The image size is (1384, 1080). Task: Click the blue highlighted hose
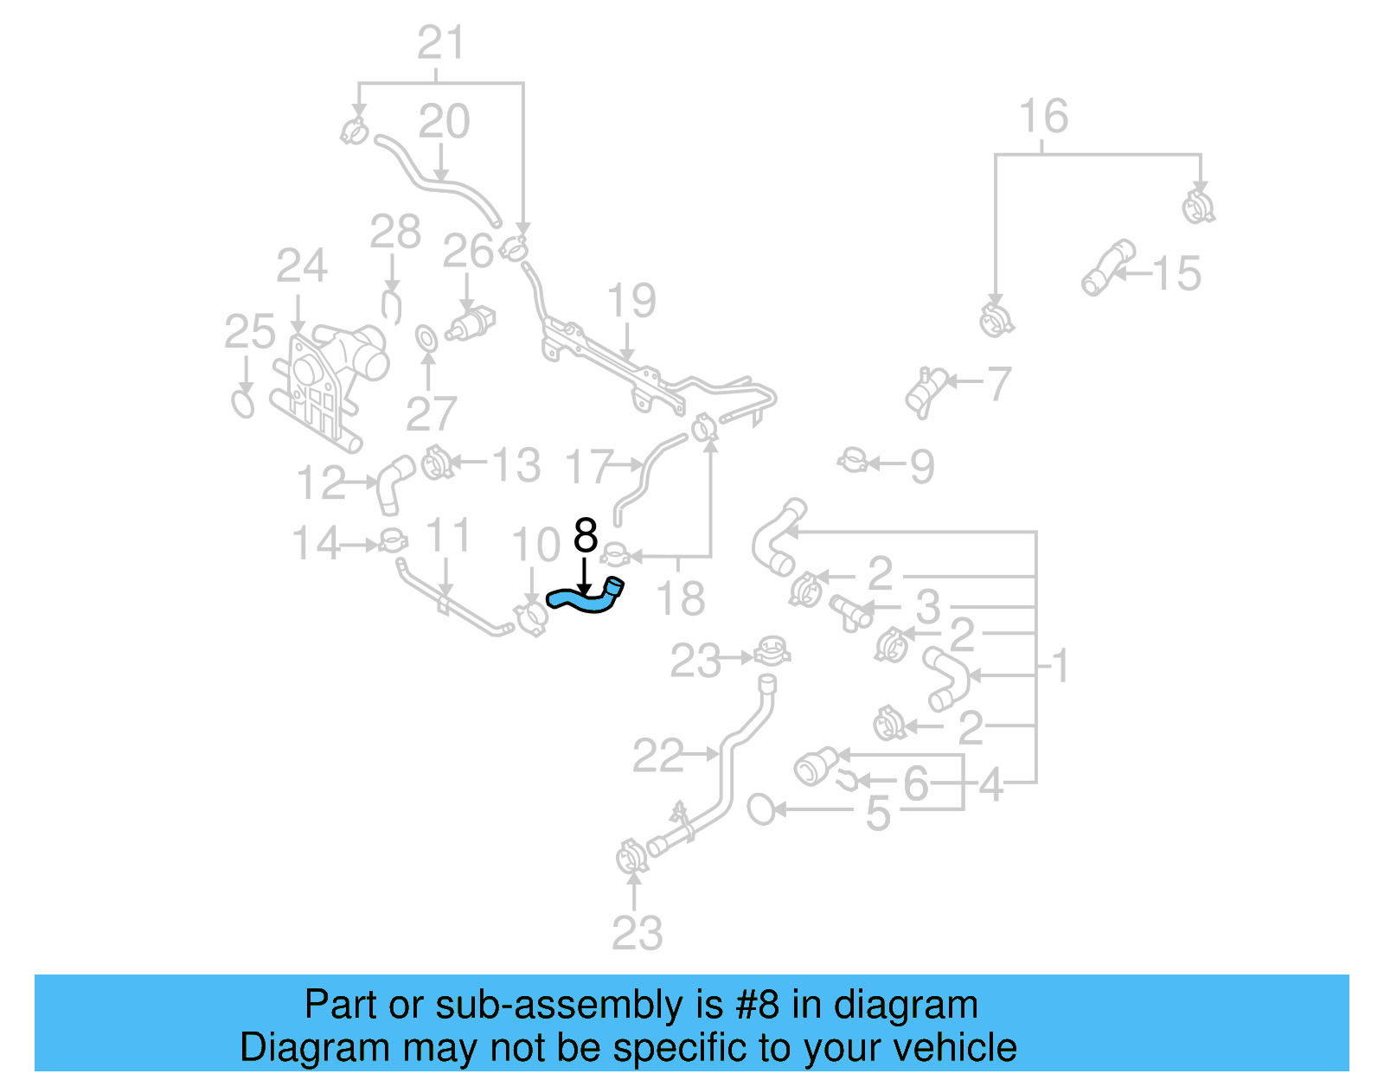586,598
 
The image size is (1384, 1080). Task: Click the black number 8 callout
586,536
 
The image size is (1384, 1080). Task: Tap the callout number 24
301,266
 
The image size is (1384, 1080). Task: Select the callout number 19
631,301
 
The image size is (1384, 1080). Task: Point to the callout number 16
1043,117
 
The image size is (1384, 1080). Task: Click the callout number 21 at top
441,43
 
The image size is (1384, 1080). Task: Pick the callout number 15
1176,274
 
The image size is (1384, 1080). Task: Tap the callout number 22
657,757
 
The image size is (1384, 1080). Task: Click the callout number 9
922,467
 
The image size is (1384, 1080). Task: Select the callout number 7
998,384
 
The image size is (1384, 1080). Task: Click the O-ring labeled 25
243,404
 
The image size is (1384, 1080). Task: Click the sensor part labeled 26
471,323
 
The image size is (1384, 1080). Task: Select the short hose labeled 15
1107,267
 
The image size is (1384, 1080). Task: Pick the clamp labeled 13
437,463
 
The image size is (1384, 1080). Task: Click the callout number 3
928,606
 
